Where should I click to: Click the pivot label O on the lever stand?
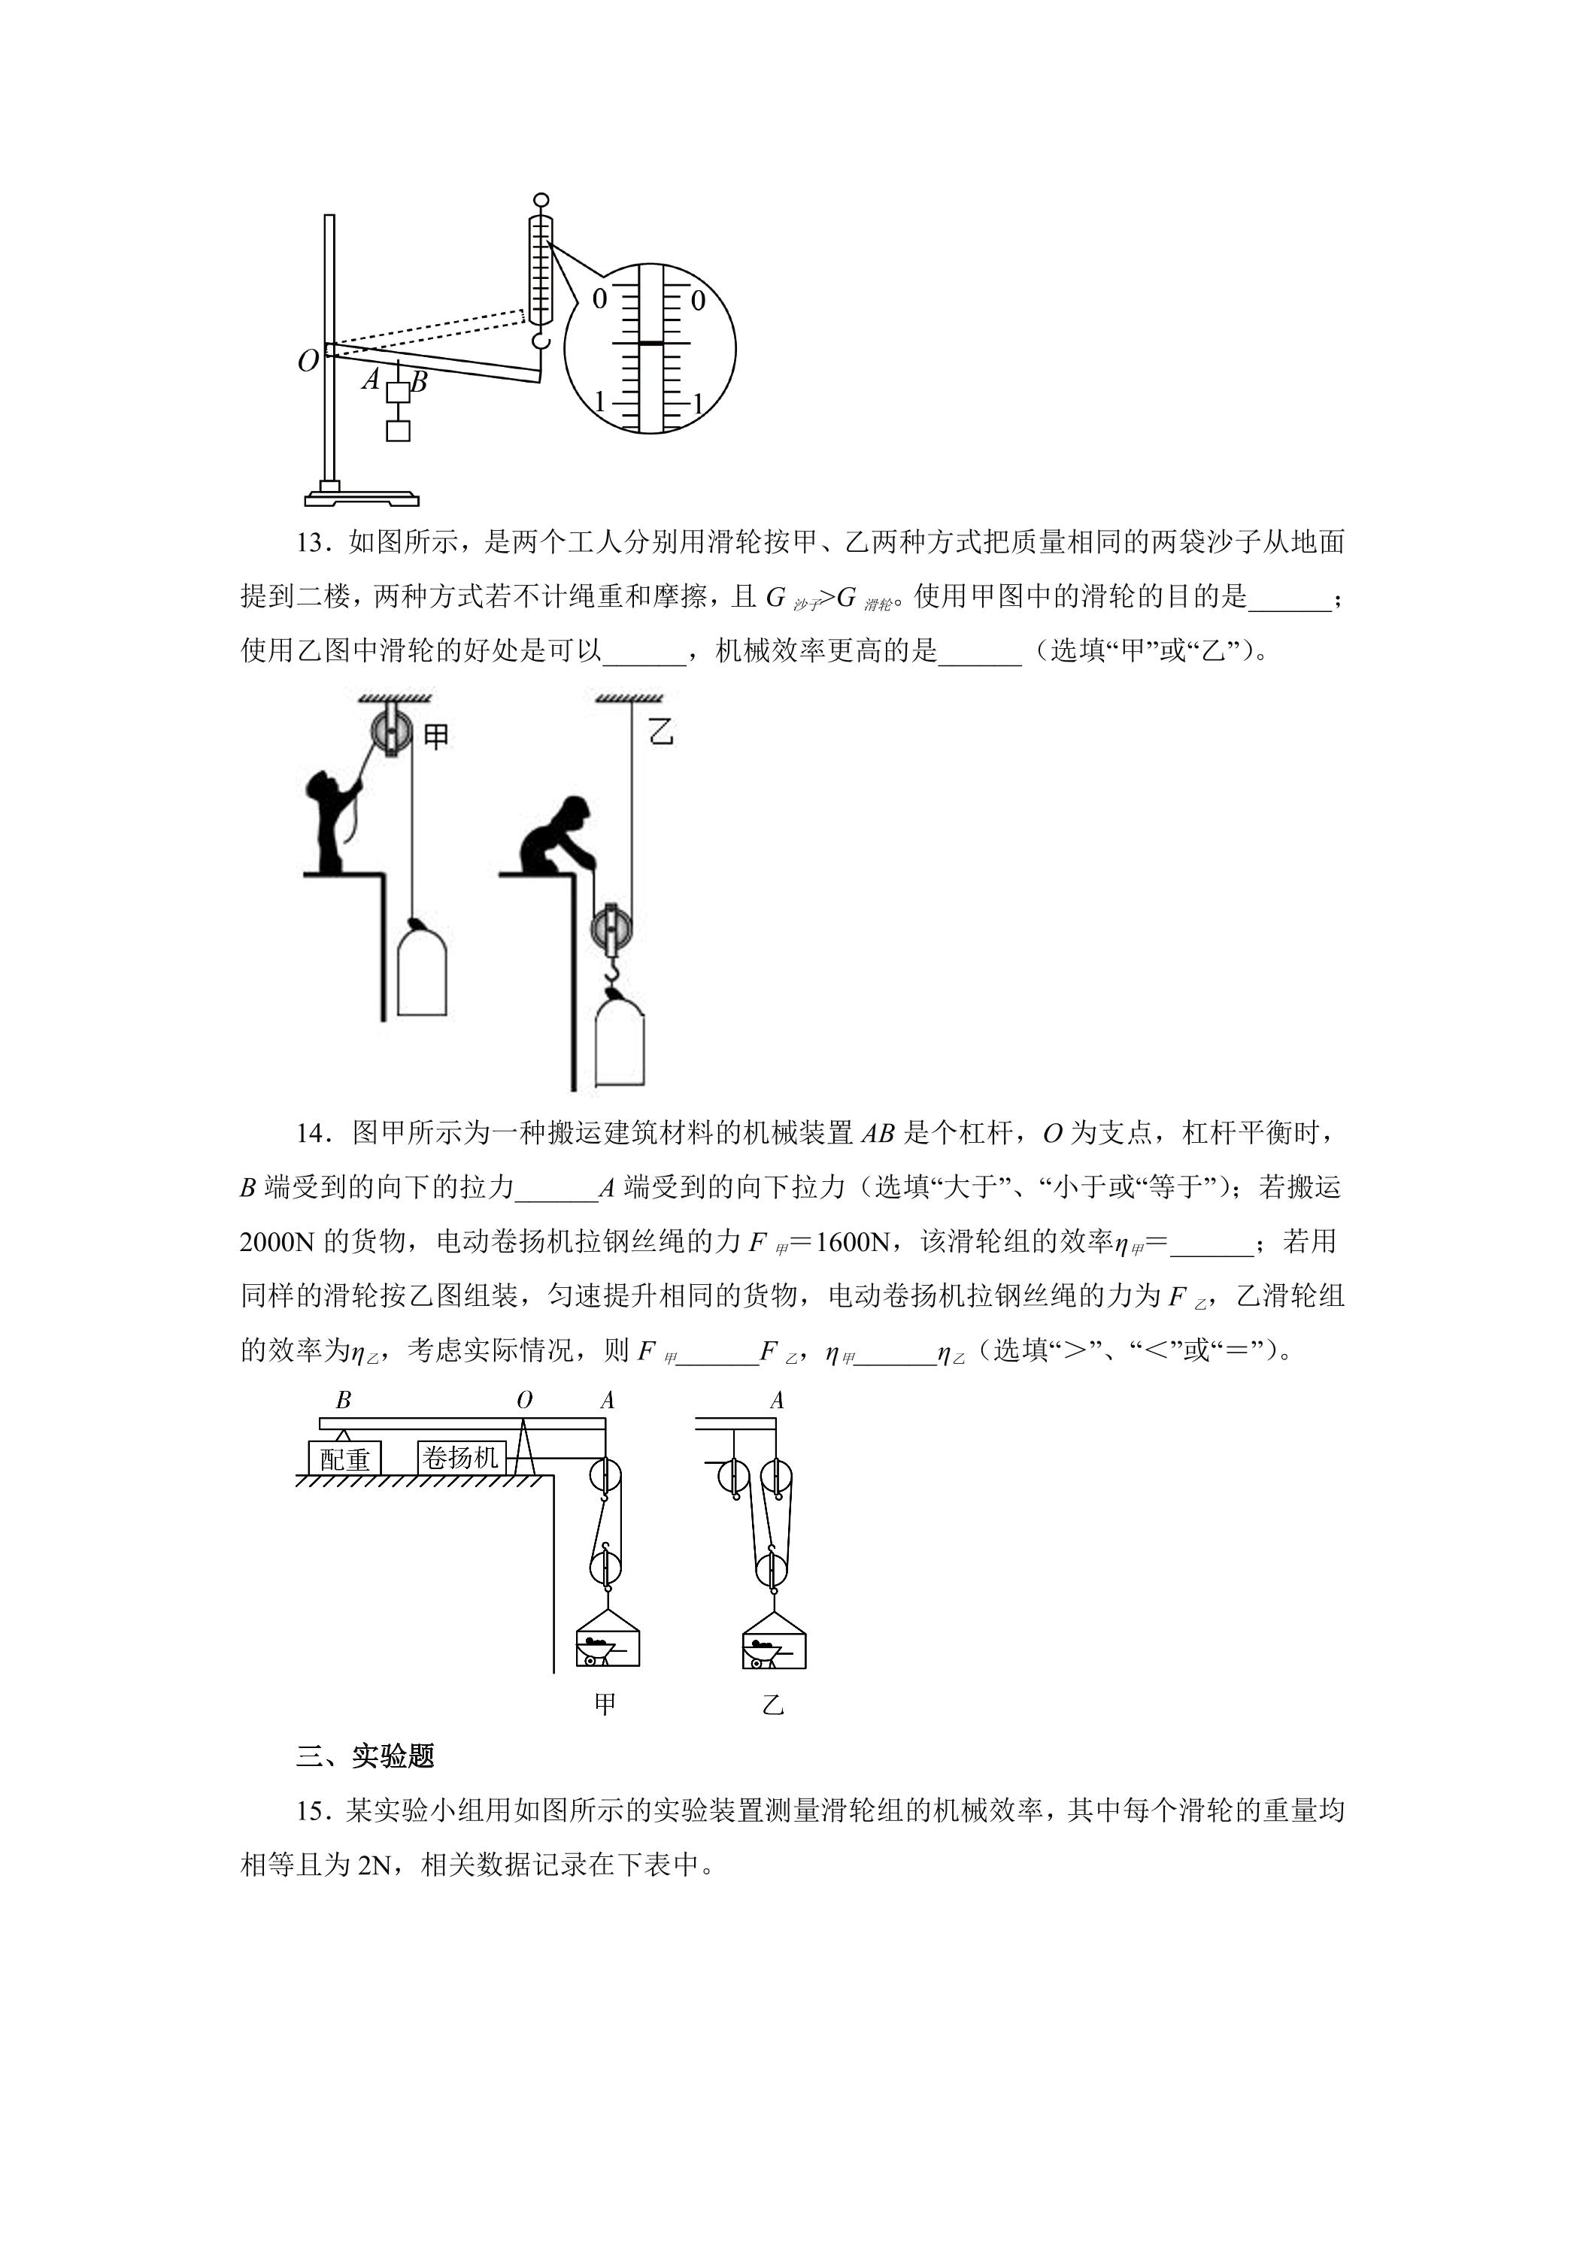308,362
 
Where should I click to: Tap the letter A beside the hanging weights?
371,379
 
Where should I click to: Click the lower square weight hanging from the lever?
398,429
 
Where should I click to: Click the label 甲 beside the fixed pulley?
435,735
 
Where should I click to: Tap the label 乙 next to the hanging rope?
661,730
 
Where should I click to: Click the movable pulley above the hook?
611,931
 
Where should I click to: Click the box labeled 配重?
344,1459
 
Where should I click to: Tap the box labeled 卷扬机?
461,1458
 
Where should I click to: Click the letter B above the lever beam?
344,1400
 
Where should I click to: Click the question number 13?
310,543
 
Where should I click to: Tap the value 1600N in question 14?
854,1242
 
